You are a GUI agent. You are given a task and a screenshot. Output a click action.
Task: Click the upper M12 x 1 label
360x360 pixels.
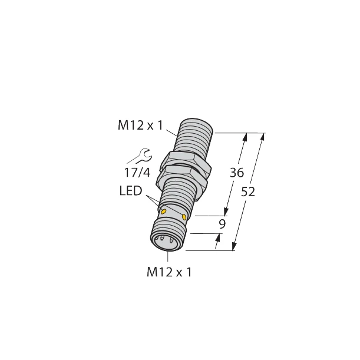pos(140,125)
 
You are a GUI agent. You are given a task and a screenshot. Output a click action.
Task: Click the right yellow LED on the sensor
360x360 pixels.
pos(185,218)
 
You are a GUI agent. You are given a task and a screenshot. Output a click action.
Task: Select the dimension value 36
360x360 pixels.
pos(236,174)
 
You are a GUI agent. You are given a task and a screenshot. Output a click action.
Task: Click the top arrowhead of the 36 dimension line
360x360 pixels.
pos(244,137)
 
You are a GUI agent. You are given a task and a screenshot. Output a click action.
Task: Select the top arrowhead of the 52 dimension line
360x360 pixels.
pos(263,137)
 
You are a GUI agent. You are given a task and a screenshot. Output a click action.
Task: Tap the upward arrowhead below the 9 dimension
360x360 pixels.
pos(219,237)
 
